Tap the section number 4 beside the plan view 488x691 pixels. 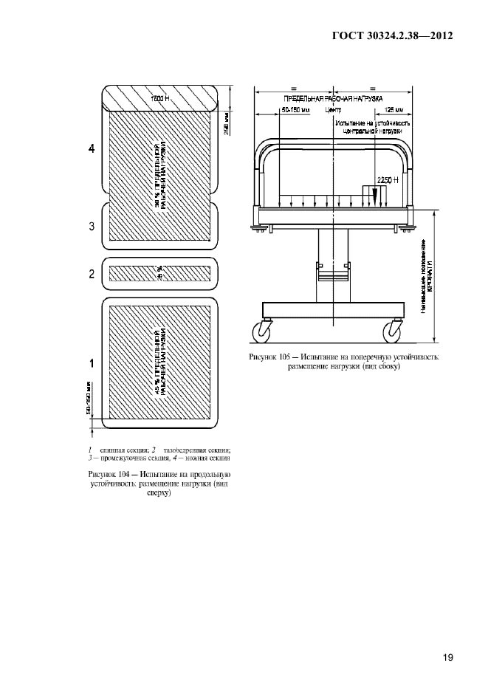(x=92, y=149)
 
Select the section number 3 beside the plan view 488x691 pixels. (x=92, y=227)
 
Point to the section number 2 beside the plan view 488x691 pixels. (x=92, y=274)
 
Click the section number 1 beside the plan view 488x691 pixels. (x=92, y=362)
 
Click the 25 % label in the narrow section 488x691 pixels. (x=159, y=274)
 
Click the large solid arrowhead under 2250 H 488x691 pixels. (x=375, y=195)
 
